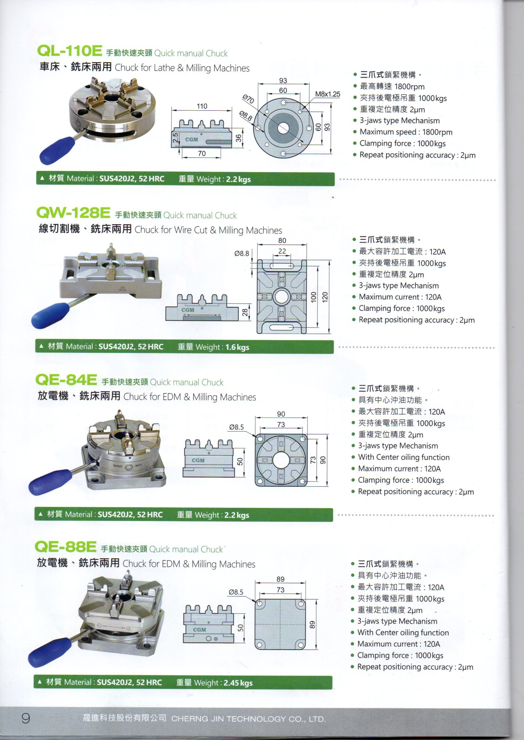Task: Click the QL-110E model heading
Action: [x=69, y=50]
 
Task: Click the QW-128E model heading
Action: [x=73, y=212]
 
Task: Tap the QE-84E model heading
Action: [x=66, y=380]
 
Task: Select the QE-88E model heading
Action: [x=66, y=547]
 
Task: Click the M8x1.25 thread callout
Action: [x=327, y=94]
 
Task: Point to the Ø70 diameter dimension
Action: [x=248, y=99]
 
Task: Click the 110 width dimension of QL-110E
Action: [x=202, y=106]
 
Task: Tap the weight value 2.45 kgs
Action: [x=238, y=683]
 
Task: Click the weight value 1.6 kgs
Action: [x=237, y=347]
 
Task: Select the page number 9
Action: [x=25, y=718]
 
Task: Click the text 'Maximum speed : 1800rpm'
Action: [x=406, y=132]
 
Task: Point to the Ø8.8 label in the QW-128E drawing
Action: [x=242, y=254]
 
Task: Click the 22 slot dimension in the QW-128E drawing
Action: [x=282, y=251]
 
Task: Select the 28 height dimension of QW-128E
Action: [x=245, y=312]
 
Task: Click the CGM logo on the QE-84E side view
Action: [x=198, y=460]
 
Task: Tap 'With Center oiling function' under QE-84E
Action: [x=403, y=457]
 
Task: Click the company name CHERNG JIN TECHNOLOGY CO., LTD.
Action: [x=248, y=719]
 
